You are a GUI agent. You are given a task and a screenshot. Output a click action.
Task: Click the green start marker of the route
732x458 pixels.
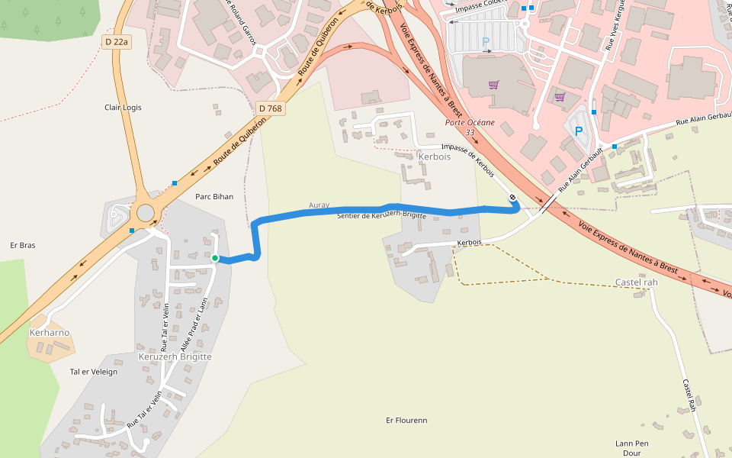(215, 259)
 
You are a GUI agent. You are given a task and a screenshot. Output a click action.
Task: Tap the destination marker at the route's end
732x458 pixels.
(513, 198)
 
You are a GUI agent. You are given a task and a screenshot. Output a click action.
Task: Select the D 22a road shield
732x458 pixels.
(117, 42)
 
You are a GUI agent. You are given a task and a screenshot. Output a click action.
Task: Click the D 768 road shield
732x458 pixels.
(270, 108)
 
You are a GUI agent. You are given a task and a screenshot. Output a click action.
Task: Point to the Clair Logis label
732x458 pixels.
(123, 108)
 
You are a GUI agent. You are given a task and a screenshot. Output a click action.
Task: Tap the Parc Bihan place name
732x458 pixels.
(214, 196)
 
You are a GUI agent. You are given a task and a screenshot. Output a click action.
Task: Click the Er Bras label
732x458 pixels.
(22, 245)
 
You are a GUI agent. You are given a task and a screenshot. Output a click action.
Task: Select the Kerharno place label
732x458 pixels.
(50, 333)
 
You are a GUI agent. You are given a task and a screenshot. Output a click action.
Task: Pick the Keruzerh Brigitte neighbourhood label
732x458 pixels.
(175, 356)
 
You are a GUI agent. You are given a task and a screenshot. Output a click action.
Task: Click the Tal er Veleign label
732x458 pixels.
(94, 372)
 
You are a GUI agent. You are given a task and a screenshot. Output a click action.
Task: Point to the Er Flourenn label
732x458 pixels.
(406, 420)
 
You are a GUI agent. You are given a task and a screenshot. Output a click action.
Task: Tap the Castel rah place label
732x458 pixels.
(636, 282)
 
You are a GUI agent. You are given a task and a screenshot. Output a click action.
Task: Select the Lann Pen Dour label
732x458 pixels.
(631, 447)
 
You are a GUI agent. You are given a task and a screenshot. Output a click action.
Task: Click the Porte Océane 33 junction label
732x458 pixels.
(470, 127)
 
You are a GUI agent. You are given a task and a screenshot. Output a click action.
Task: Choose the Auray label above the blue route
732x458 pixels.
(319, 205)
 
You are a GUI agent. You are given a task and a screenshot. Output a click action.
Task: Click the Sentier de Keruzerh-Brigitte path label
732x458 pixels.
(381, 216)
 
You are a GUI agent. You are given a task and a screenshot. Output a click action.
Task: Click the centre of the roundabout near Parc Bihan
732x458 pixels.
(143, 211)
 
